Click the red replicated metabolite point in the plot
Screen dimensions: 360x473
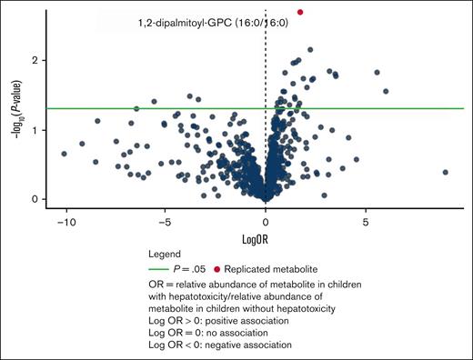click(x=300, y=12)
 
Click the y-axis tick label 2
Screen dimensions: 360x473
click(x=43, y=60)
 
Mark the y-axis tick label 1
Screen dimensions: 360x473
click(x=43, y=130)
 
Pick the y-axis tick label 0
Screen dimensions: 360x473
click(x=43, y=199)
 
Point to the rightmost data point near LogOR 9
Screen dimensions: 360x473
click(x=445, y=172)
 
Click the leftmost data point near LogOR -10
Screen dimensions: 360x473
click(x=64, y=154)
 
